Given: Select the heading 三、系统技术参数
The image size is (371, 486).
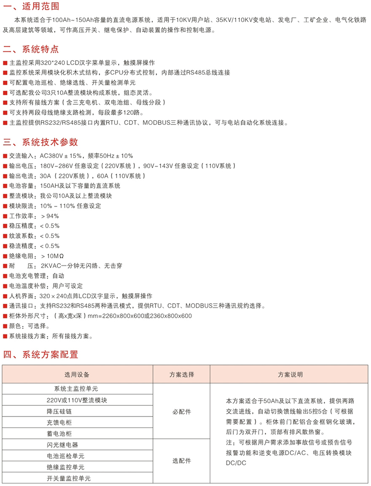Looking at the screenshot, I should [x=40, y=142].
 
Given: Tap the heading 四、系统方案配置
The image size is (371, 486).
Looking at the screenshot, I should [x=40, y=354].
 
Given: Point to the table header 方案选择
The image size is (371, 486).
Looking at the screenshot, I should [x=182, y=375].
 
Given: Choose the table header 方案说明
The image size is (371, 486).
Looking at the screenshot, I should [x=290, y=375].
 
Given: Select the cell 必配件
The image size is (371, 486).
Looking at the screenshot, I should [x=182, y=411].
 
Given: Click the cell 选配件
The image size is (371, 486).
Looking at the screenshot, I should [x=182, y=461].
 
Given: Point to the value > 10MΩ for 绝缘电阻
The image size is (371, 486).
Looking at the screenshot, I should [x=53, y=256].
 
